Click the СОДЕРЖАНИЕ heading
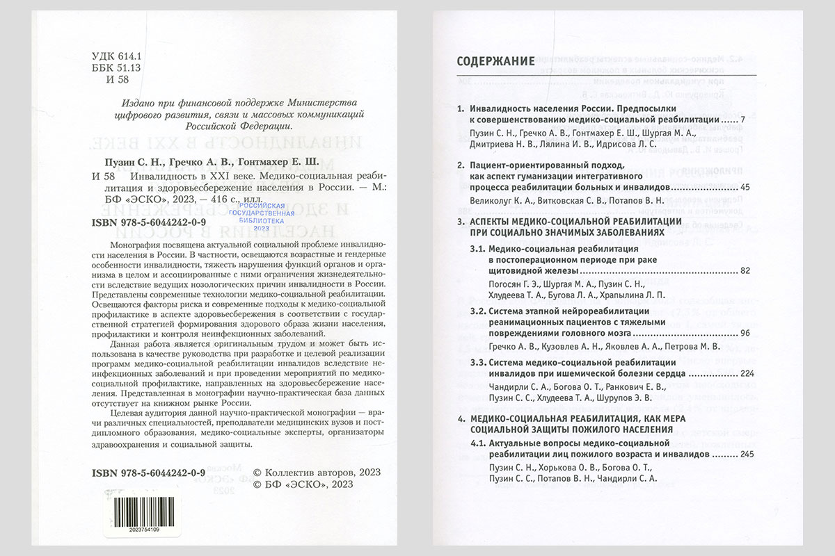(495, 61)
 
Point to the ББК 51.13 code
(116, 67)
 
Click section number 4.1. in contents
(478, 443)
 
